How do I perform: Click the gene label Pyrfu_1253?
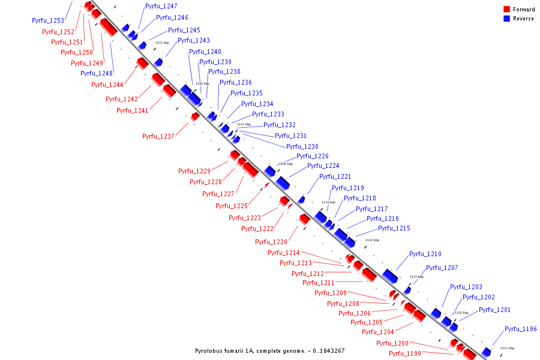click(48, 20)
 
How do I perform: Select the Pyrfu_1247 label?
click(161, 6)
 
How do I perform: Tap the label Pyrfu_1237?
click(158, 137)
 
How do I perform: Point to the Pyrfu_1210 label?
click(425, 254)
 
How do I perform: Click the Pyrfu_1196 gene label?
click(521, 329)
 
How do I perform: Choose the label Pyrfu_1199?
click(404, 354)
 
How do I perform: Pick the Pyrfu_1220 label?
click(271, 242)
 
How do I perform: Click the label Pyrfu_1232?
click(280, 125)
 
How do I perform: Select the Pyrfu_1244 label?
click(107, 85)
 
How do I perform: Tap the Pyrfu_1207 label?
click(442, 268)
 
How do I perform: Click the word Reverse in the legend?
click(523, 19)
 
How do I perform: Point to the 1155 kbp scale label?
click(163, 43)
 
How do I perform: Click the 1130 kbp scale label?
click(372, 240)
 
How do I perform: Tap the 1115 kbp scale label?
click(508, 348)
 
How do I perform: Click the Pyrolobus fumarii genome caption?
click(270, 351)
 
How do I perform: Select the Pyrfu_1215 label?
click(394, 229)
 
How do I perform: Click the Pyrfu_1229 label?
click(194, 172)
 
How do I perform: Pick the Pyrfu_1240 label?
click(205, 52)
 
